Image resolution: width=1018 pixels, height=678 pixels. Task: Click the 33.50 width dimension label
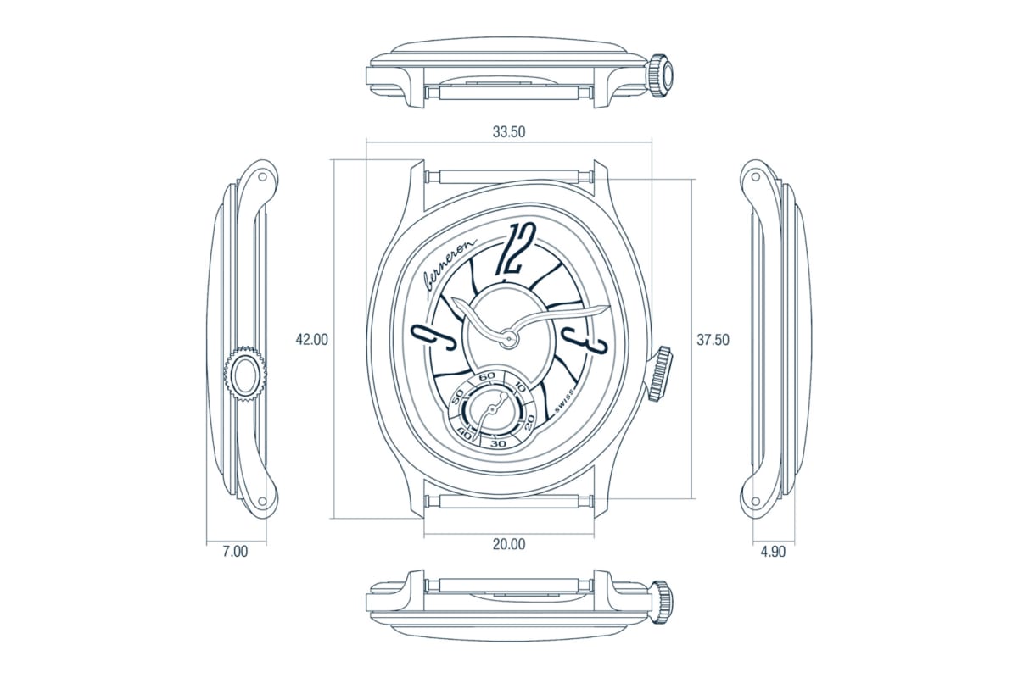coord(509,132)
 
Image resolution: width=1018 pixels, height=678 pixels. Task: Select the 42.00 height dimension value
coord(311,340)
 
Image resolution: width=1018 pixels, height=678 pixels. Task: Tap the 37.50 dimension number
coord(713,340)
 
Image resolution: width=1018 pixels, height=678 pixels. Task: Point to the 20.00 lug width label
coord(509,544)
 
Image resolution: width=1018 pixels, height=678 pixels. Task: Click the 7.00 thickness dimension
coord(235,552)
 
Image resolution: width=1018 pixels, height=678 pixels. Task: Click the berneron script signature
coord(449,266)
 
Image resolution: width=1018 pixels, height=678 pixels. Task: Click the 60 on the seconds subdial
coord(487,375)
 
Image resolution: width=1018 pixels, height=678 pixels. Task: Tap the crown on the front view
coord(661,373)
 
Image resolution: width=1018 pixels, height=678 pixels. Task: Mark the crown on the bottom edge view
coord(661,599)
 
